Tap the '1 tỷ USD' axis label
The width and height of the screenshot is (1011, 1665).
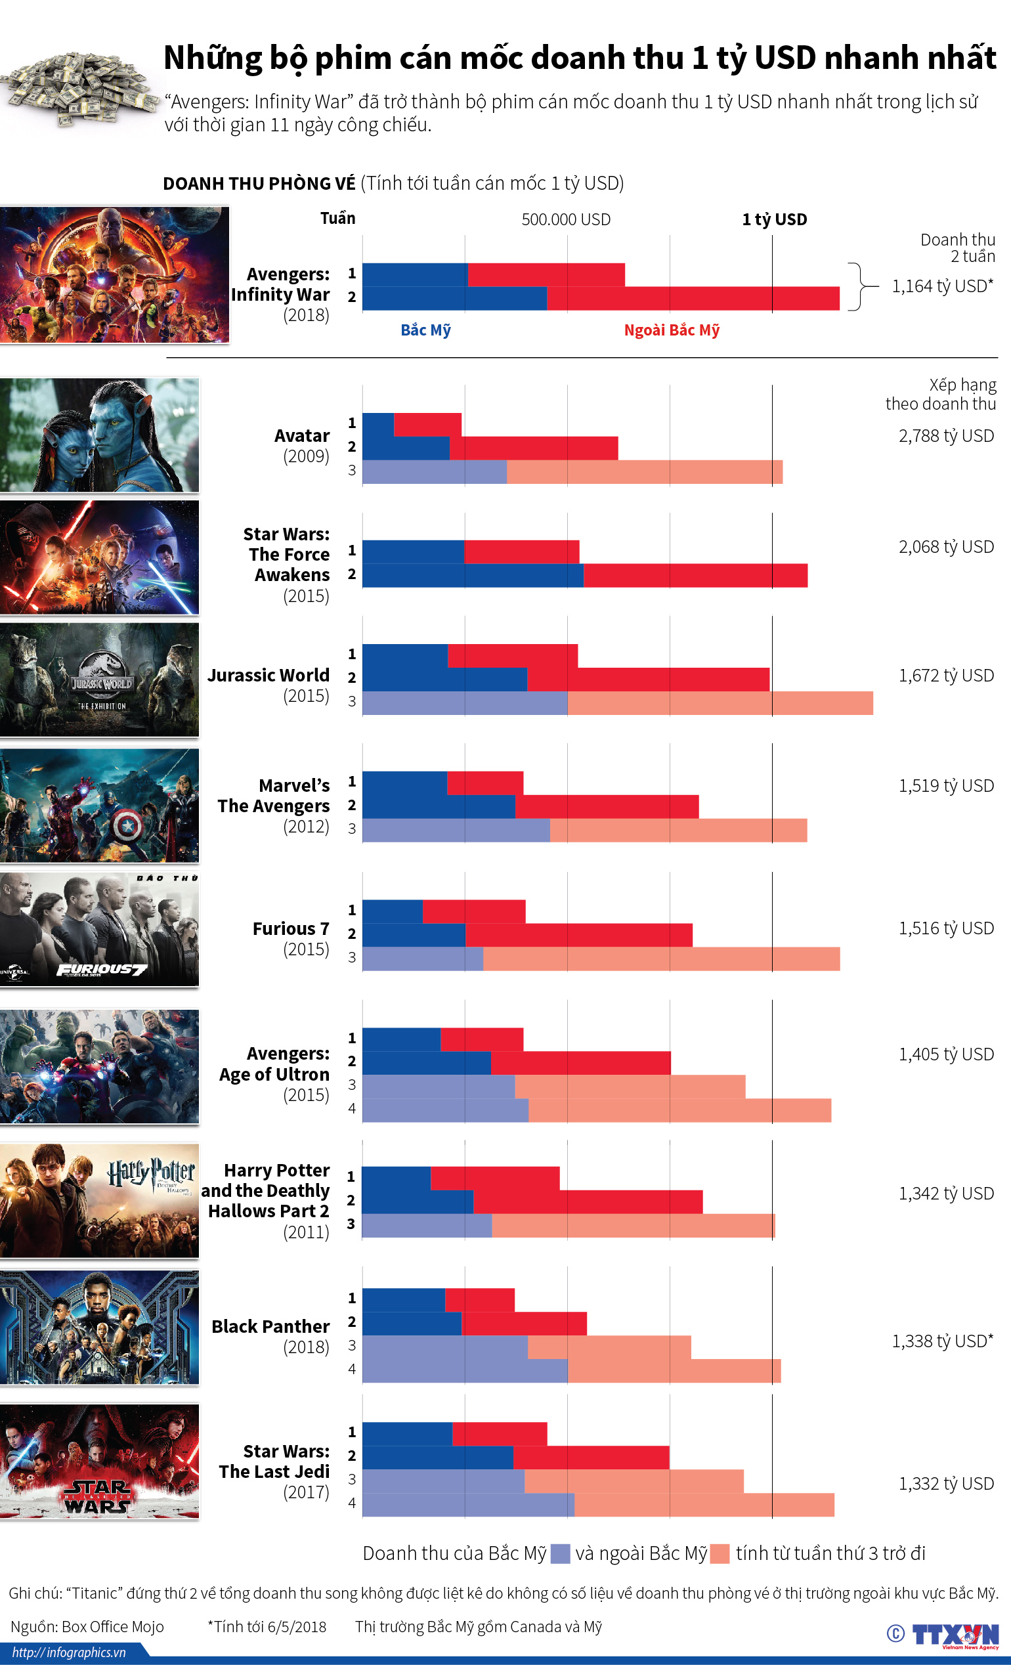(x=775, y=219)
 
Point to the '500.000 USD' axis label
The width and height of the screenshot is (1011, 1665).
(x=566, y=219)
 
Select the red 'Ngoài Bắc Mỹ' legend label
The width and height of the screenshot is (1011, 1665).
(x=672, y=330)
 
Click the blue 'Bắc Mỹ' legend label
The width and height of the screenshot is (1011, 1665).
(x=426, y=330)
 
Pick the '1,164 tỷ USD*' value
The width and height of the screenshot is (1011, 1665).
(x=942, y=286)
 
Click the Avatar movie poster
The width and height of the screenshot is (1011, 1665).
(x=99, y=435)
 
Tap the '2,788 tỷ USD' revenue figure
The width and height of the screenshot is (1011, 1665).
(x=946, y=436)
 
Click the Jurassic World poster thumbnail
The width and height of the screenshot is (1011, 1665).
(x=99, y=680)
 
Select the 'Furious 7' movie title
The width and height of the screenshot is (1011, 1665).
(x=291, y=928)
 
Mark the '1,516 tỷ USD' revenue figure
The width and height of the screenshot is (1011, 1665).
(x=946, y=928)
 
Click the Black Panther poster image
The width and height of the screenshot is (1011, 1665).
(x=99, y=1327)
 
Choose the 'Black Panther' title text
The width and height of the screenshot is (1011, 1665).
(x=270, y=1326)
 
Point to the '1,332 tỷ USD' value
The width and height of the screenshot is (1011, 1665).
(x=946, y=1484)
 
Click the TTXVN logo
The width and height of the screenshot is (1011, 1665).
(x=955, y=1635)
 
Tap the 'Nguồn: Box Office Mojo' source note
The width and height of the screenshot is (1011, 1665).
(x=87, y=1626)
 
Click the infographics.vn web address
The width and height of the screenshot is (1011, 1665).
(x=69, y=1652)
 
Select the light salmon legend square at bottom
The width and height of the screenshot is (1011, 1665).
(x=720, y=1553)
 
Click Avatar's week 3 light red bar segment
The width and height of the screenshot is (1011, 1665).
(x=644, y=472)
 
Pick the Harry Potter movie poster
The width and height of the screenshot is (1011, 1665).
(x=99, y=1201)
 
